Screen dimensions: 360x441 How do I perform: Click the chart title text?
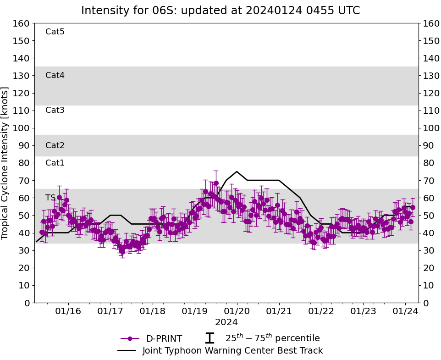[x=220, y=11]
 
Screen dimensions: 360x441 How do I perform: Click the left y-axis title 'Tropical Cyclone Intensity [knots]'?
[x=6, y=163]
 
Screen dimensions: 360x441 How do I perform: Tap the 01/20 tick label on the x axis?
[x=237, y=311]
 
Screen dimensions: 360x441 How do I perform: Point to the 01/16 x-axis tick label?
[x=68, y=311]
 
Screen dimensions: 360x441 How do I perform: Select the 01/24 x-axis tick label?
[x=406, y=311]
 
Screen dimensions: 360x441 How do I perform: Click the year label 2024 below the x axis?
[x=226, y=322]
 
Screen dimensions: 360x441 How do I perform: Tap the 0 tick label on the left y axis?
[x=27, y=303]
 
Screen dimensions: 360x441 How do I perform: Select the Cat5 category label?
[x=55, y=32]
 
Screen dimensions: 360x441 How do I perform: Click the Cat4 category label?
[x=55, y=75]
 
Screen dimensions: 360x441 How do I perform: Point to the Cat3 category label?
[x=55, y=110]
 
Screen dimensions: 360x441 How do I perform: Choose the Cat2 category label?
[x=55, y=145]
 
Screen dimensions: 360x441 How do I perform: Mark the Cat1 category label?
[x=55, y=163]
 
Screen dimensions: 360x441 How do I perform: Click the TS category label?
[x=50, y=198]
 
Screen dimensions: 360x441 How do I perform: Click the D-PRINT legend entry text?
[x=164, y=339]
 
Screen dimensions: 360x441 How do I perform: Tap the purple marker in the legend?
[x=130, y=338]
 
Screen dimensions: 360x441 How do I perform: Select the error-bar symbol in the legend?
[x=209, y=338]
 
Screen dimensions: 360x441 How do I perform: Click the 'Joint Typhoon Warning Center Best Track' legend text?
[x=232, y=351]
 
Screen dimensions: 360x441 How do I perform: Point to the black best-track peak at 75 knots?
[x=237, y=172]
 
